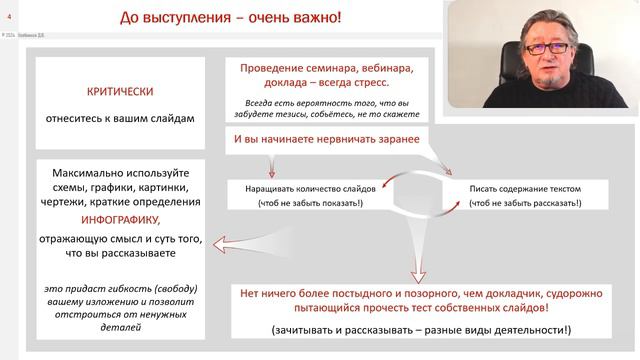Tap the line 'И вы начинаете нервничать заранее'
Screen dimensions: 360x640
[x=326, y=138]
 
